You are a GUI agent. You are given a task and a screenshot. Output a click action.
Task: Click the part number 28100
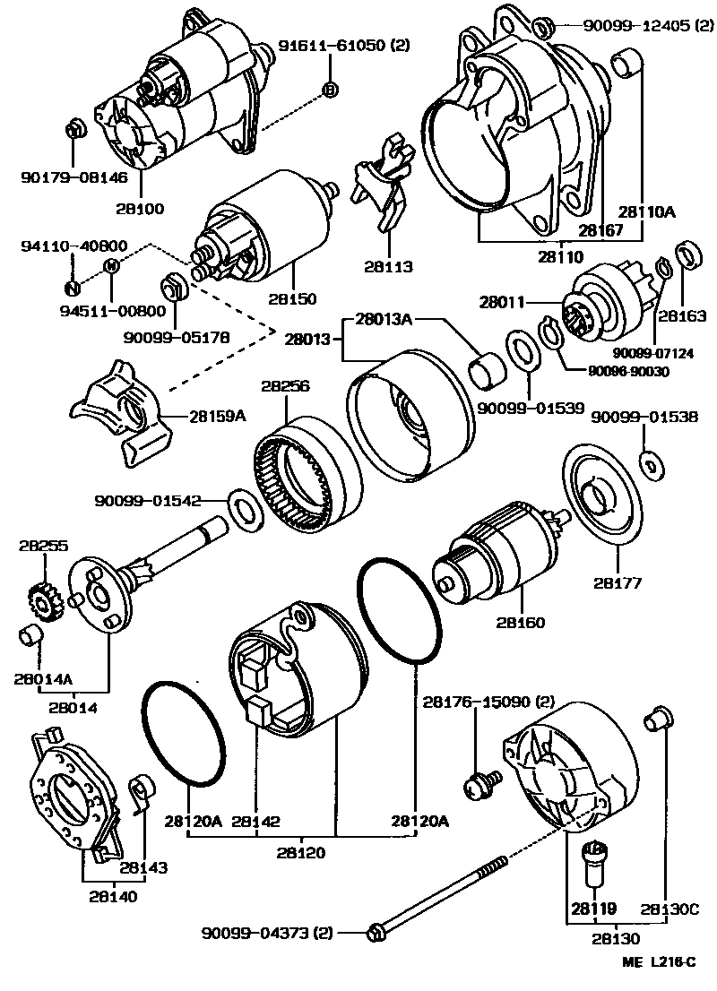click(139, 209)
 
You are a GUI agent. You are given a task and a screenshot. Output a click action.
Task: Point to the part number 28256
click(285, 387)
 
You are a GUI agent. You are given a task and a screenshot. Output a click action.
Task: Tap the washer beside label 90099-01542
click(241, 504)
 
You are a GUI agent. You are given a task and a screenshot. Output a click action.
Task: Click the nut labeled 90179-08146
click(75, 128)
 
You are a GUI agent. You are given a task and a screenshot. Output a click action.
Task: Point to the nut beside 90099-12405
click(542, 27)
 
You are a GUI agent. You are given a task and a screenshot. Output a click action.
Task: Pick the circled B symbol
click(329, 90)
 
